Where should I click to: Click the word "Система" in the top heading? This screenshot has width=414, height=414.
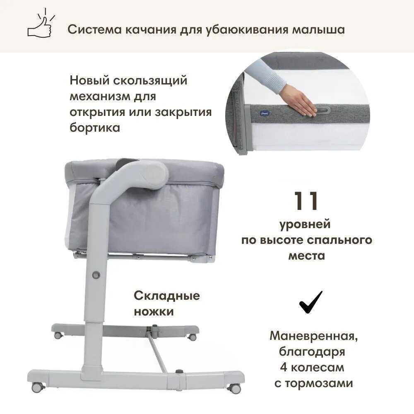[x=94, y=29]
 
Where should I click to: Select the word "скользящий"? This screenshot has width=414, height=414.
[x=150, y=81]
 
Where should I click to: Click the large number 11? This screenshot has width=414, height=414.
[x=306, y=201]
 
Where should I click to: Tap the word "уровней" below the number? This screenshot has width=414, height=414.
[x=305, y=225]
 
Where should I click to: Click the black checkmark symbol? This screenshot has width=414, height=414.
[x=310, y=302]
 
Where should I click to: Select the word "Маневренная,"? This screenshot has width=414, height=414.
[x=314, y=336]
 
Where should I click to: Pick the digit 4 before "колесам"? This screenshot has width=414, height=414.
[x=284, y=367]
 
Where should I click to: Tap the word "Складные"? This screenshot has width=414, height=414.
[x=166, y=296]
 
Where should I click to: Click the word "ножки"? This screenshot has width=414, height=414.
[x=154, y=312]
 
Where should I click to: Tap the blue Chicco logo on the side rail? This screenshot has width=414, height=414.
[x=264, y=113]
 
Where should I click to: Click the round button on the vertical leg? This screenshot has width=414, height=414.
[x=96, y=275]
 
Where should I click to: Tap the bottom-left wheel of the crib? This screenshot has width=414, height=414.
[x=38, y=388]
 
